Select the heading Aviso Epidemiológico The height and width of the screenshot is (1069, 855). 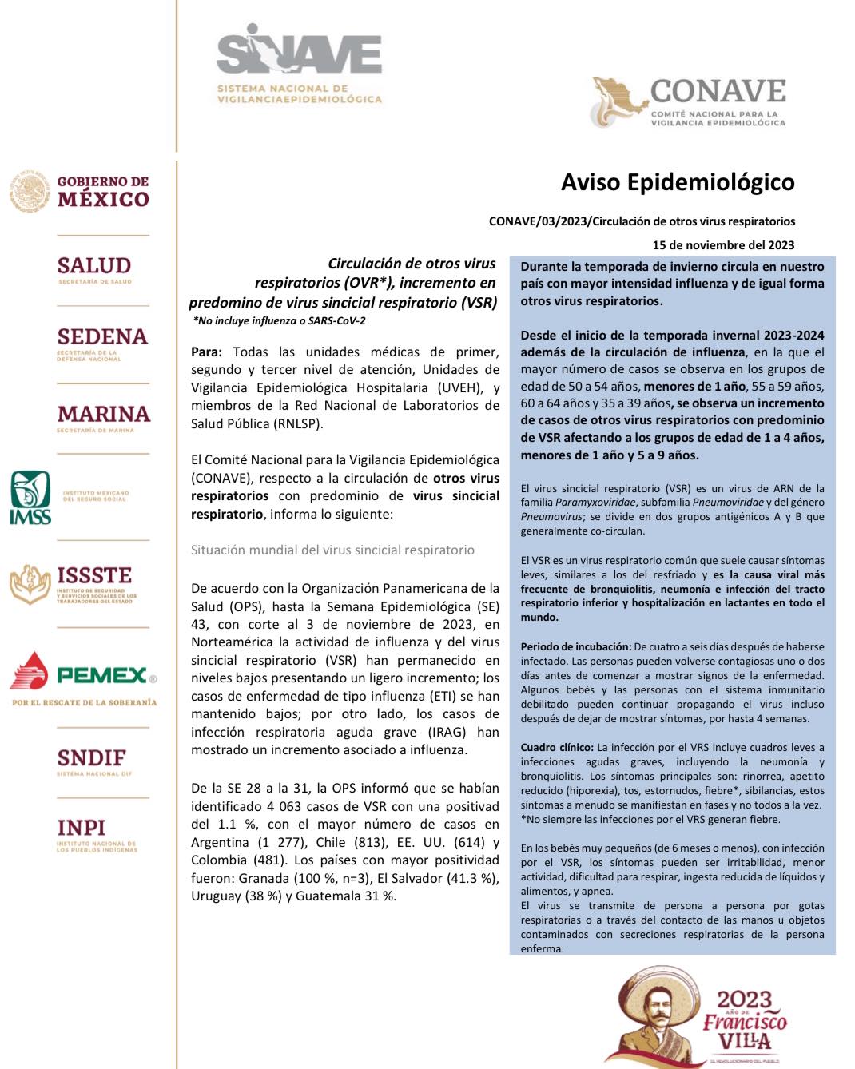point(678,182)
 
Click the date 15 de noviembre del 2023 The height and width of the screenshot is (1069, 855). point(723,245)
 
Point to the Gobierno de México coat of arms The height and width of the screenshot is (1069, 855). point(30,192)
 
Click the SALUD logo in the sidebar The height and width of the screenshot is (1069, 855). point(94,268)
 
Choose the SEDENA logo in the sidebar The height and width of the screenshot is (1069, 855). point(102,342)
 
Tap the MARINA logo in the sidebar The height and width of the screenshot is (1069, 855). point(103,417)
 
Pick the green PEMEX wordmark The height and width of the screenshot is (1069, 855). point(102,676)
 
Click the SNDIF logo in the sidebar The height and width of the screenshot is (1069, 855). point(91,760)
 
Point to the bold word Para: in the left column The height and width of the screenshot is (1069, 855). point(206,352)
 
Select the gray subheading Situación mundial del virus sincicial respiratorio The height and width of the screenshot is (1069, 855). point(332,550)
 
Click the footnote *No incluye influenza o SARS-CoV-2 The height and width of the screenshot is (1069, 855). point(279,321)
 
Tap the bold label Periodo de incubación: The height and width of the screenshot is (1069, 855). point(575,647)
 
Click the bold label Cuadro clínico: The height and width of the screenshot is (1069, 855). point(557,748)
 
